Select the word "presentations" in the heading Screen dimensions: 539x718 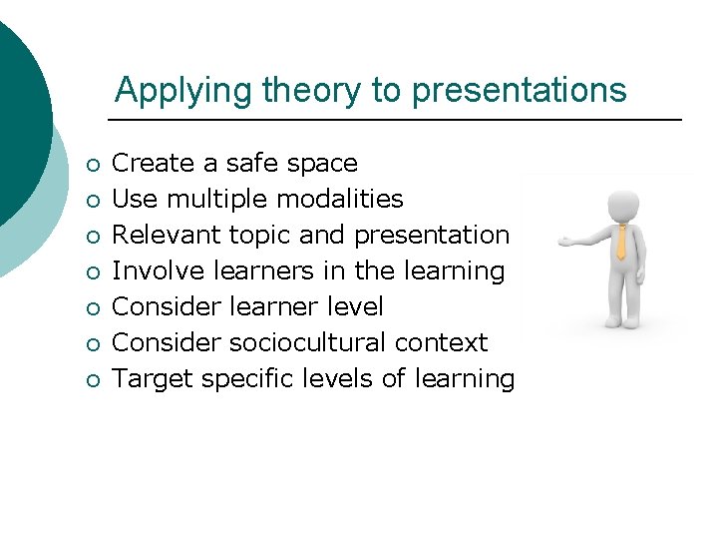click(x=519, y=91)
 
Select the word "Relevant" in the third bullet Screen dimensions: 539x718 click(x=166, y=235)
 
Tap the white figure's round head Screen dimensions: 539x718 click(x=623, y=204)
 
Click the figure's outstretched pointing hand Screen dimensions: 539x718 click(x=564, y=241)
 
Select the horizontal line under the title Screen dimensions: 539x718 click(x=399, y=120)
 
